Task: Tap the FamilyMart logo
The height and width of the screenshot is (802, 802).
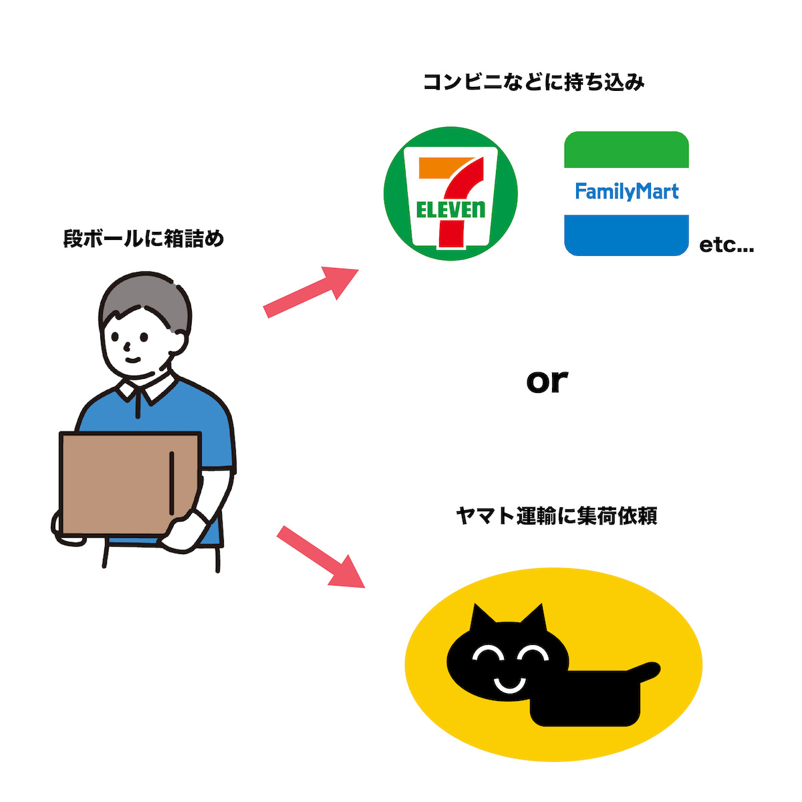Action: click(626, 194)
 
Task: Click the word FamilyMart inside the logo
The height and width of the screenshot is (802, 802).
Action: click(626, 192)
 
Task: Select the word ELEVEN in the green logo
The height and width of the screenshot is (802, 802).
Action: click(450, 210)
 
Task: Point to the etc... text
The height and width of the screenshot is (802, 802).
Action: click(726, 245)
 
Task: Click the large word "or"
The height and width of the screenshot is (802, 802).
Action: click(547, 381)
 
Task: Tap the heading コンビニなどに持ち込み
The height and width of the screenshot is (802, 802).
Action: click(534, 82)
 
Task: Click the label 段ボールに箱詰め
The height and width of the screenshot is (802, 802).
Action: click(144, 239)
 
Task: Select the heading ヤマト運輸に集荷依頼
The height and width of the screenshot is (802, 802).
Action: click(556, 516)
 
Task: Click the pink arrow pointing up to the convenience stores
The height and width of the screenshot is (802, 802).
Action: click(311, 291)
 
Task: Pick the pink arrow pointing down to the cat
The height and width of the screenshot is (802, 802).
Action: click(321, 557)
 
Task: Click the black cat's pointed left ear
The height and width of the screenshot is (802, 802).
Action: click(482, 619)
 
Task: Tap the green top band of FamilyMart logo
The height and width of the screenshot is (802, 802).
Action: click(626, 149)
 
